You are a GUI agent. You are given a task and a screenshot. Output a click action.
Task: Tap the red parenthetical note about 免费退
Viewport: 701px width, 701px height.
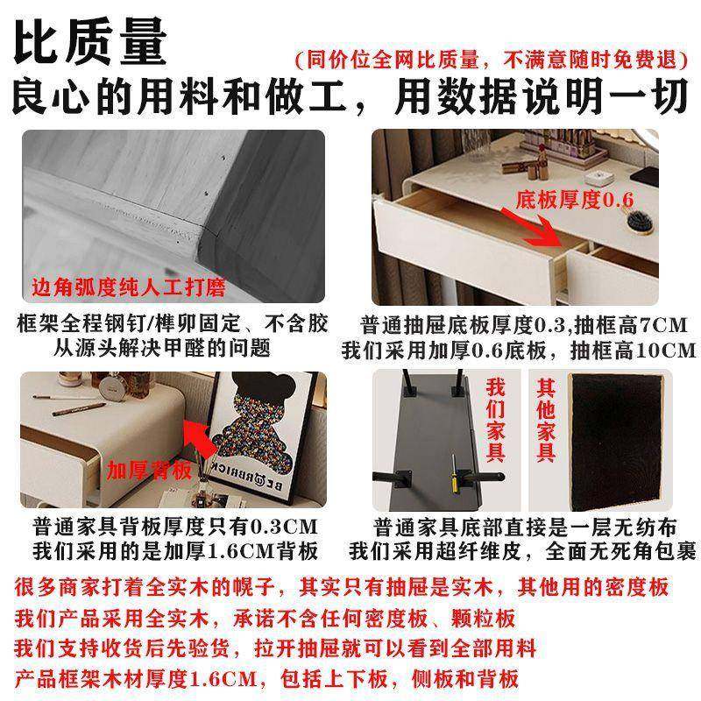487,60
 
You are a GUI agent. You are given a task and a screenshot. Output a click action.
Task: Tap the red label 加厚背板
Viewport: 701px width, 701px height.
149,471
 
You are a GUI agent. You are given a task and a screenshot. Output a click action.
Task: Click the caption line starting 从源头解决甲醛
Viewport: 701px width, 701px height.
173,348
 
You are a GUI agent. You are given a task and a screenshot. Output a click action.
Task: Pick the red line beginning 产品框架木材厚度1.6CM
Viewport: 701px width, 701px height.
266,678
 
